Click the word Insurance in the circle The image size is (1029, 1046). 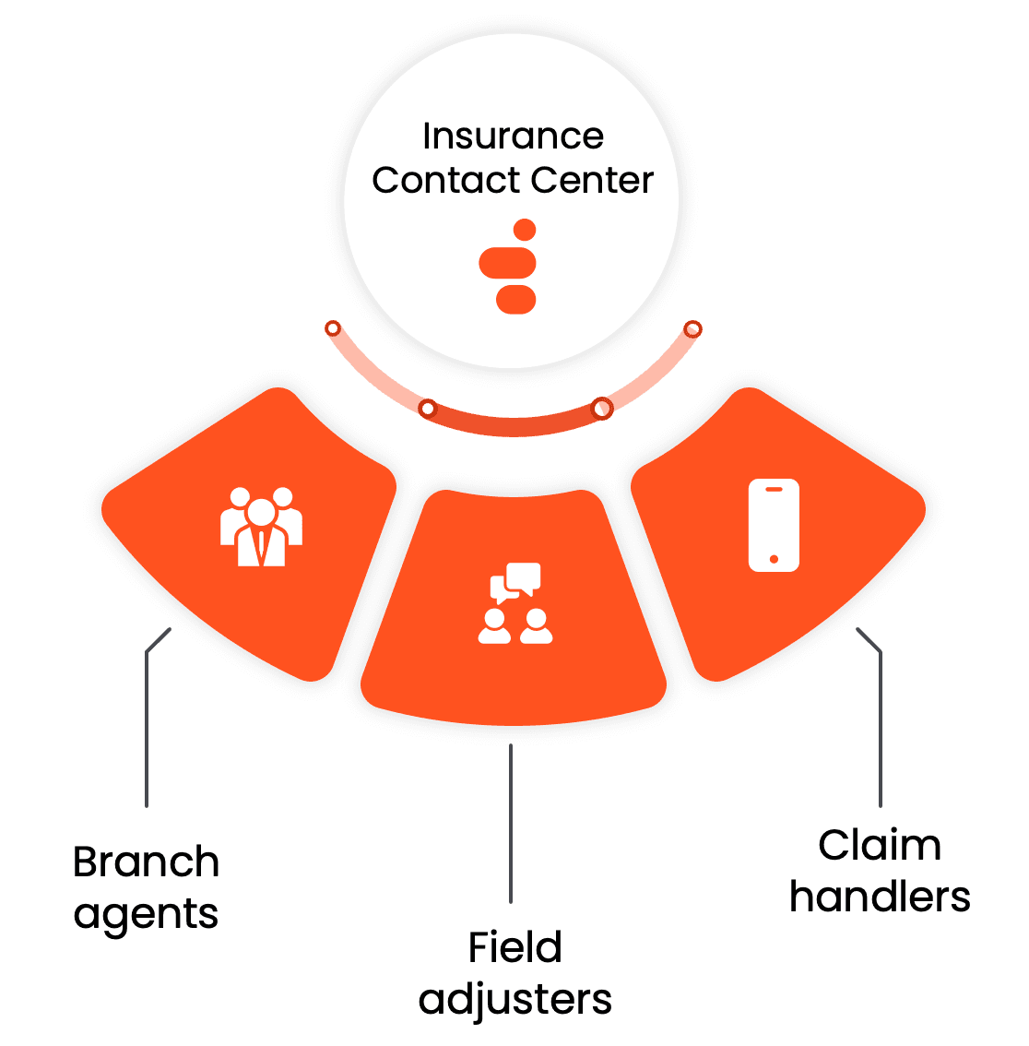(x=513, y=137)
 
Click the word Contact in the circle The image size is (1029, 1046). (x=434, y=181)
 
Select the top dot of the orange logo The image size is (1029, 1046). (x=525, y=230)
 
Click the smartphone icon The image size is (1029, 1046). (x=773, y=525)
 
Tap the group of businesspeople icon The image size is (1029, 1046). (x=261, y=527)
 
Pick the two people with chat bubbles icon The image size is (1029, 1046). (x=515, y=603)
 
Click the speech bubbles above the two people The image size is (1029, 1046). (x=515, y=580)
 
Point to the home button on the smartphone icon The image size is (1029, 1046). (x=773, y=559)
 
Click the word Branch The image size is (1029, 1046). (x=146, y=863)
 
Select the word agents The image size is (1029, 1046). (x=146, y=914)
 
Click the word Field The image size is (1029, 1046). (x=514, y=948)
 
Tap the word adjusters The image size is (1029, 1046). (x=514, y=1000)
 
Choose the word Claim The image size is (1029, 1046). (x=880, y=846)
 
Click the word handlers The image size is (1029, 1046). (x=880, y=897)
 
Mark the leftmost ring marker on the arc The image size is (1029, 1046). (x=333, y=328)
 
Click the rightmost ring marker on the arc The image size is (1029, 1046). (x=692, y=328)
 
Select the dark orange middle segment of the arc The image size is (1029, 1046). (x=514, y=426)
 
